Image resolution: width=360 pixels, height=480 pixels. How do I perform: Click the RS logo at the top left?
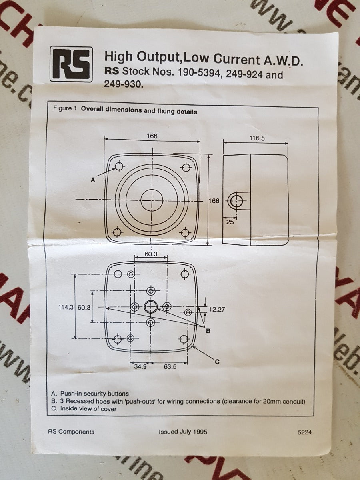click(71, 64)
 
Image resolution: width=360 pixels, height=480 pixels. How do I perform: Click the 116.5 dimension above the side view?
click(257, 138)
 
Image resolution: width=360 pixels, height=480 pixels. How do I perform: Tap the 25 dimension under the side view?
click(230, 222)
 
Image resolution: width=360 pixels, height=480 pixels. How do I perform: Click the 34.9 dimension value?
click(140, 366)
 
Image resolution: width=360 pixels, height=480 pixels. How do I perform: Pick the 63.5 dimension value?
click(170, 366)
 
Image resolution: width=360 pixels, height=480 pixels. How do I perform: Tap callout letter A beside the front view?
click(93, 180)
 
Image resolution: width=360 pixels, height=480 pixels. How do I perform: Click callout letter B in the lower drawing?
click(208, 331)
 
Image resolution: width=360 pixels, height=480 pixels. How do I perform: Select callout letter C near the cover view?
click(217, 362)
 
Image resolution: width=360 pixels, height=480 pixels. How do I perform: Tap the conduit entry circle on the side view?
click(236, 201)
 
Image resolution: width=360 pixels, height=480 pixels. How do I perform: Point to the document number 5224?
click(304, 432)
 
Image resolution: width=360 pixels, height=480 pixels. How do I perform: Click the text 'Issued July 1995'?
click(183, 432)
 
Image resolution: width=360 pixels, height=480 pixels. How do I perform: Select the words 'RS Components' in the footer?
click(71, 432)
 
